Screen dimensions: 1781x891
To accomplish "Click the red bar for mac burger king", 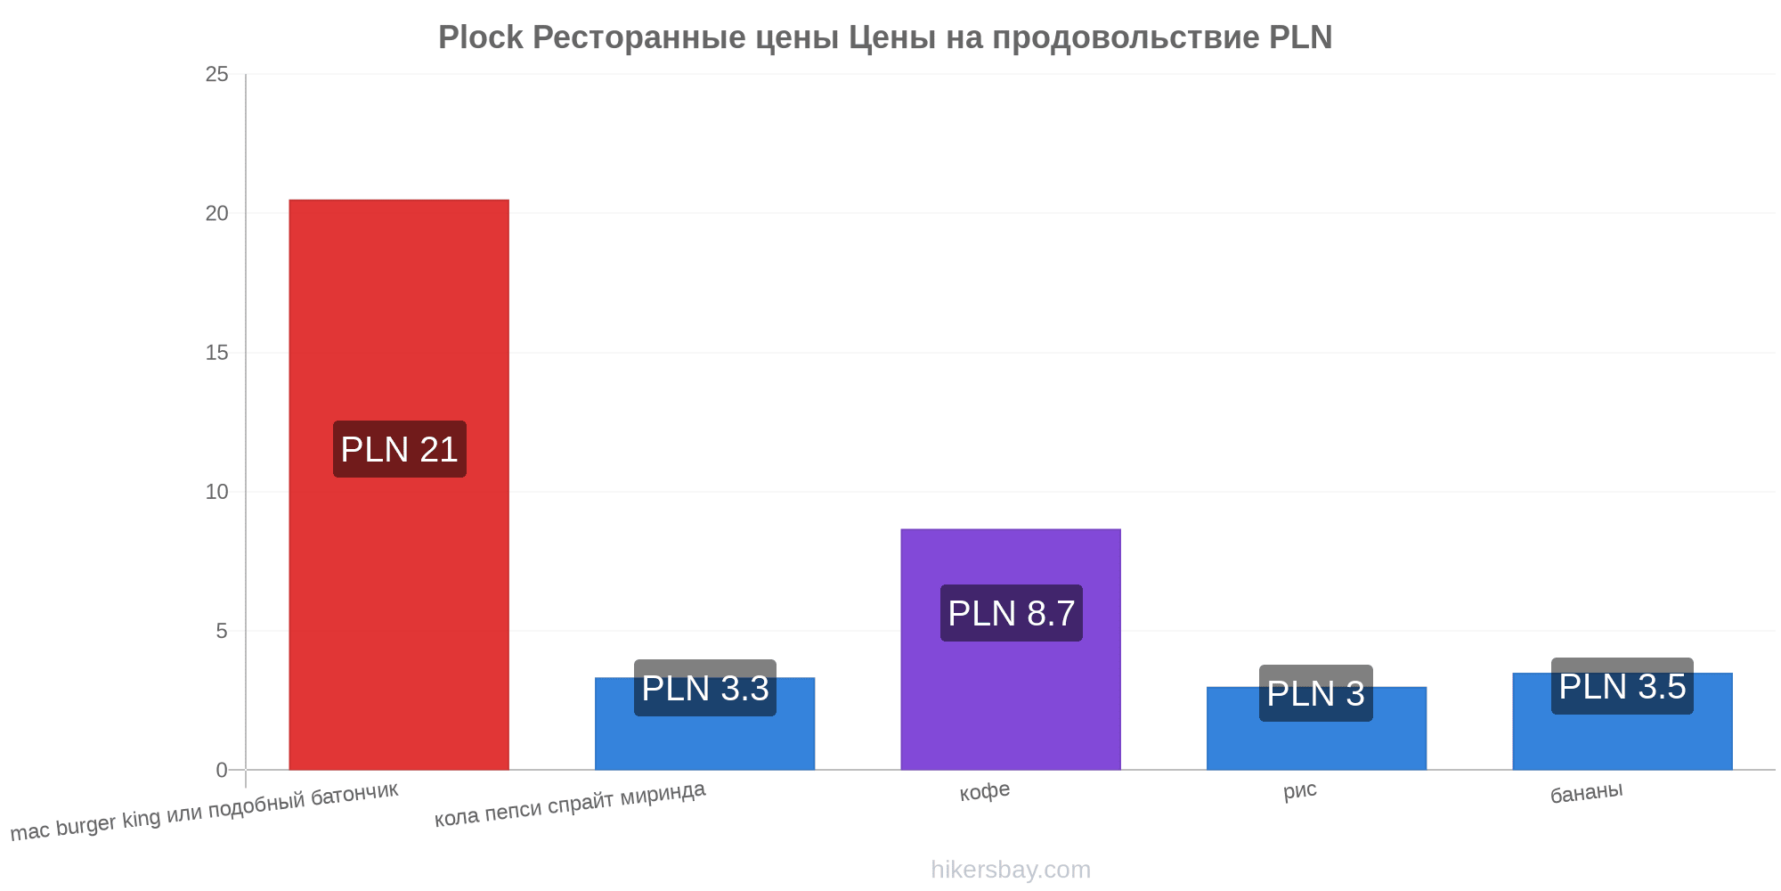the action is [399, 485].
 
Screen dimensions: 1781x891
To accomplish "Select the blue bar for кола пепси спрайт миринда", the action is [704, 723].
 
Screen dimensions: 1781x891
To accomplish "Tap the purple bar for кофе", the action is [1011, 650].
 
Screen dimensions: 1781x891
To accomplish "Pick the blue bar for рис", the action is [1316, 728].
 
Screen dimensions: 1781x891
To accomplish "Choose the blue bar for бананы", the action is [1622, 721].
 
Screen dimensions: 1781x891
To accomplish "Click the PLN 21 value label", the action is [400, 449].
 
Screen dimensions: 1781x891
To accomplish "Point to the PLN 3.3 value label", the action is [705, 688].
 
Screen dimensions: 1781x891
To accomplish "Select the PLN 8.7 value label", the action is [1012, 613].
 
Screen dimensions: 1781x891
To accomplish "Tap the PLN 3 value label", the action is [1316, 693].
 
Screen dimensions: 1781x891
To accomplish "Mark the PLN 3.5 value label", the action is [1622, 686].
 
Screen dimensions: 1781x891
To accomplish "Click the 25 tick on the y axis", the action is [217, 74].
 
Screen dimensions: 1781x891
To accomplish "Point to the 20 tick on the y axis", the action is [217, 213].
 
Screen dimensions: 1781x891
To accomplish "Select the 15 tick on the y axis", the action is [217, 353].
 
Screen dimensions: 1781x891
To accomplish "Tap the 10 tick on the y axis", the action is [217, 492].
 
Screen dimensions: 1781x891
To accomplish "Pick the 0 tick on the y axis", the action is [222, 770].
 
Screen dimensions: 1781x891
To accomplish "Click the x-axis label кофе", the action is [985, 791].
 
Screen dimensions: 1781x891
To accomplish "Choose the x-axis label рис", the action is [1300, 790].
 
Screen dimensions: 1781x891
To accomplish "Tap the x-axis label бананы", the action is [1587, 792].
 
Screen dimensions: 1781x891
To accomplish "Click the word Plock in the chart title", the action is [481, 37].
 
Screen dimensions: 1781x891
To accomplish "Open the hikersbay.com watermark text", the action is [1011, 869].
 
